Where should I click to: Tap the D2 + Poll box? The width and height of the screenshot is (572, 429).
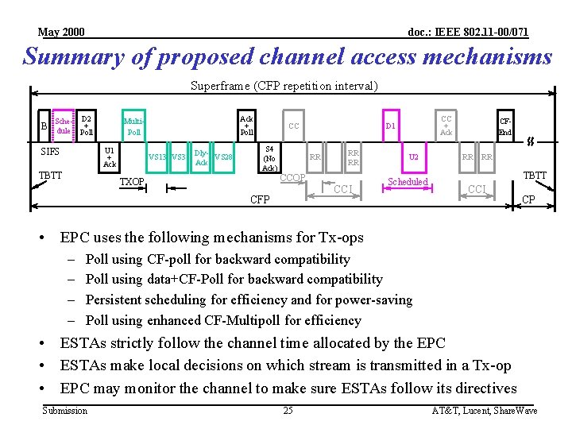pos(87,125)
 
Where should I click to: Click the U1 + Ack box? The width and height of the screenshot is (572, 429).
pos(110,157)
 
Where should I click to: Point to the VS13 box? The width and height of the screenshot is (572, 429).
pos(157,157)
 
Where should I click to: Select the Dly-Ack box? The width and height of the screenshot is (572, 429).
pos(202,157)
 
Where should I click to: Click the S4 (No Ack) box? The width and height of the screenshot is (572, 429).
pos(269,157)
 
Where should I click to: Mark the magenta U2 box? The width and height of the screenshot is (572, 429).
pos(413,157)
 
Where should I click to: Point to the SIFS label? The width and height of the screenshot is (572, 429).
pos(50,151)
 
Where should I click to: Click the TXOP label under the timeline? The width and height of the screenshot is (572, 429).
pos(132,182)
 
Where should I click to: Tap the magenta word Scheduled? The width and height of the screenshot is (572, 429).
pos(408,182)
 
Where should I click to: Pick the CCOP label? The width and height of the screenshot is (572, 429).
pos(293,176)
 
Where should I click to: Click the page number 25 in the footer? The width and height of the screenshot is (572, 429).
pos(288,410)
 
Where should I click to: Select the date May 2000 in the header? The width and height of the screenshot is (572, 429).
pos(61,33)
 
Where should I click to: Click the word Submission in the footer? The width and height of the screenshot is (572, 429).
pos(65,410)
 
